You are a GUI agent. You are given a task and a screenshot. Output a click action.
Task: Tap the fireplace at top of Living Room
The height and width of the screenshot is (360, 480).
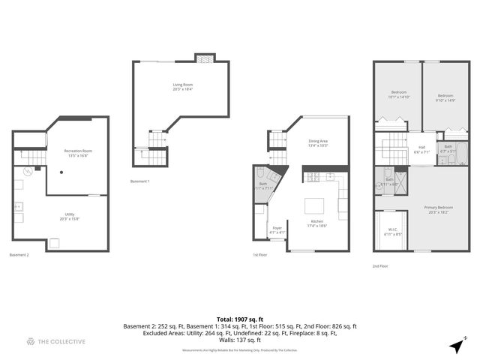203,59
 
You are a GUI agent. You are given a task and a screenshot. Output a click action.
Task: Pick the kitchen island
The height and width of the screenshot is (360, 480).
313,205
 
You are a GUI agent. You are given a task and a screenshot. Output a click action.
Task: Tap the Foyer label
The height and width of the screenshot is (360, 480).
277,229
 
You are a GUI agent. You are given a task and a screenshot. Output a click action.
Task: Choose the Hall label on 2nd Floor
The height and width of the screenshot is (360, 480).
421,149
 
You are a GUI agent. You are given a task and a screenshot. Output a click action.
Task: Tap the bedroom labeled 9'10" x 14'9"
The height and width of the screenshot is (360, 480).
445,97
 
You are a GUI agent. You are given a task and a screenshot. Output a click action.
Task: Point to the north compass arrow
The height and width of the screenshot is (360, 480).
456,346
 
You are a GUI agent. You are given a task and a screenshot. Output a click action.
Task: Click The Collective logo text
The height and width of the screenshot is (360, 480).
61,342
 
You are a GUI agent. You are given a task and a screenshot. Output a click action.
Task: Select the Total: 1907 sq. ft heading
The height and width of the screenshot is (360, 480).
240,319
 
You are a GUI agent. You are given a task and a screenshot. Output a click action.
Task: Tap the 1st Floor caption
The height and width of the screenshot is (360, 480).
261,255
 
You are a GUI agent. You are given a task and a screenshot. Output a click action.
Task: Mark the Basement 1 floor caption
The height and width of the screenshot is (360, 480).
139,181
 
